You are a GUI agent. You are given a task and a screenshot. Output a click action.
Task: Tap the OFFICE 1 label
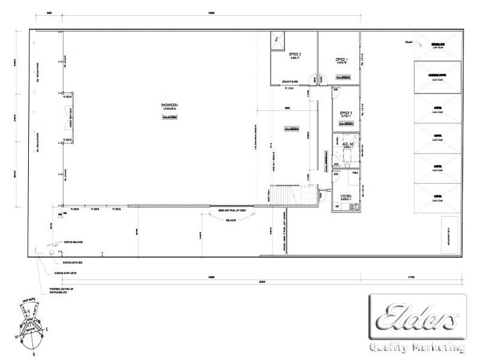[342, 60]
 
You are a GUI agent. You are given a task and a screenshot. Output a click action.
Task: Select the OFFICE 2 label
[295, 55]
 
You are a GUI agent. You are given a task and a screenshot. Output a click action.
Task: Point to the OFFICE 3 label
[346, 113]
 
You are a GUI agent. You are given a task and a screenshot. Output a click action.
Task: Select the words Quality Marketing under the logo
[418, 347]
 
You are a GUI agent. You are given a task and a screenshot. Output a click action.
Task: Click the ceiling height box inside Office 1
[343, 77]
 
